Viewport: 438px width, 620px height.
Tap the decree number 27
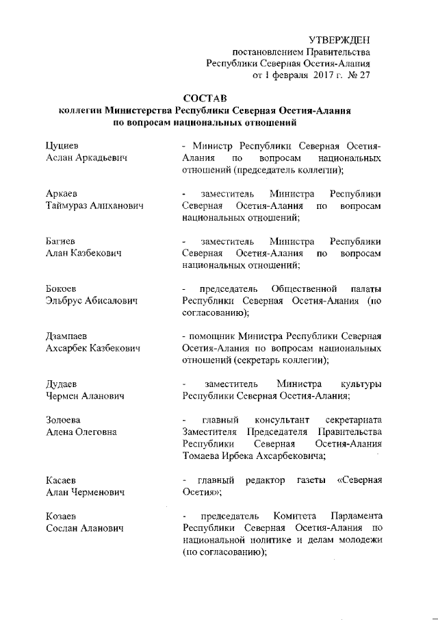point(363,76)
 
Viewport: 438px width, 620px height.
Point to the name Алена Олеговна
point(81,432)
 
